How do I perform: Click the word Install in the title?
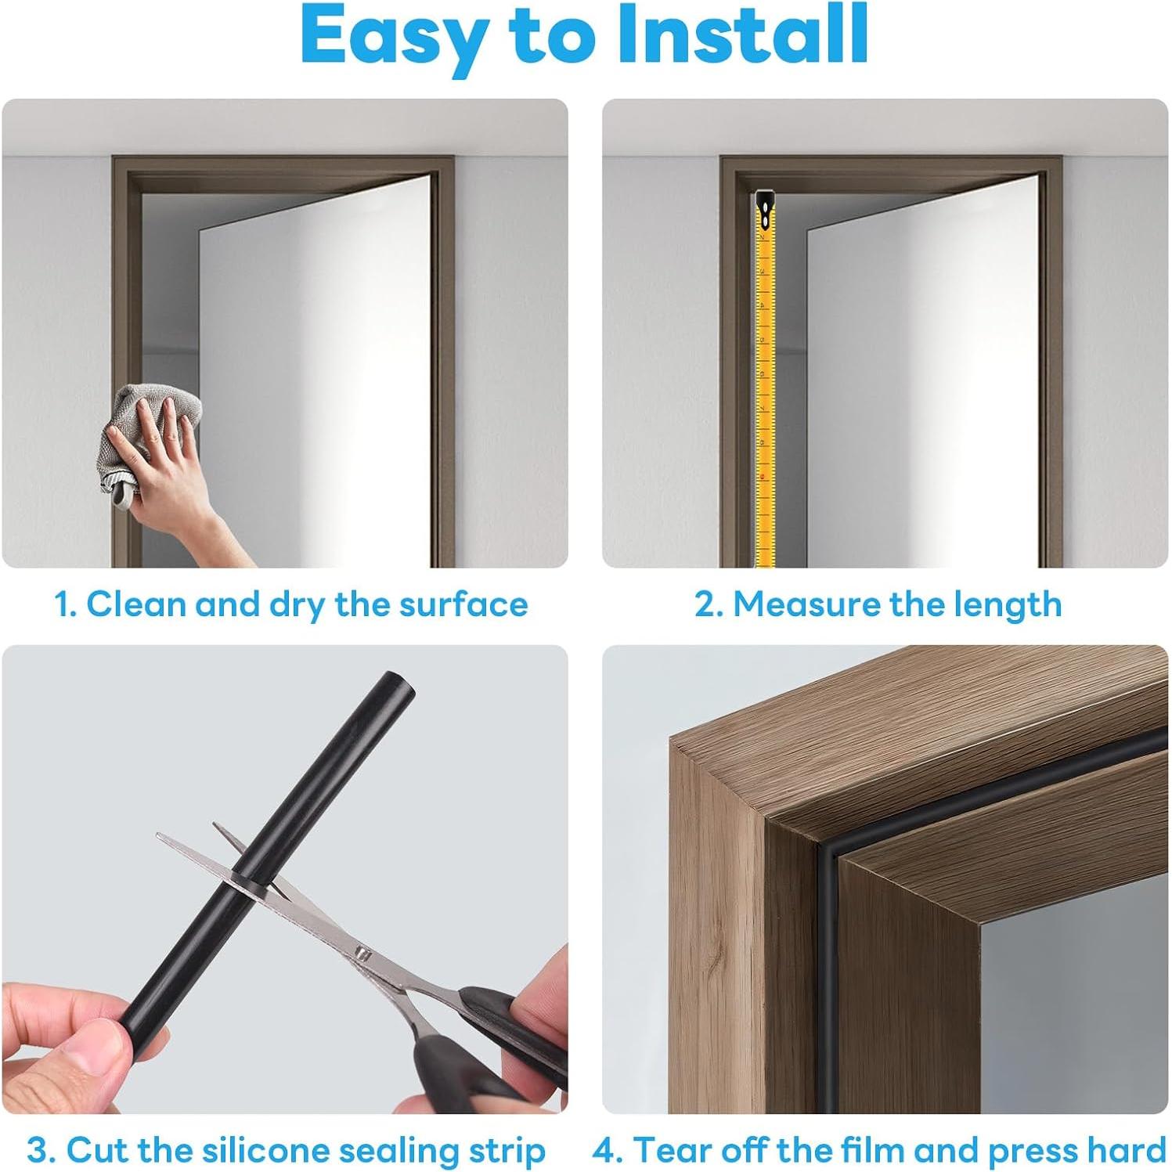743,35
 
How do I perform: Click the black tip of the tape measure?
764,206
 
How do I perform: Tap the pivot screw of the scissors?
361,953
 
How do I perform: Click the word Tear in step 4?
662,1151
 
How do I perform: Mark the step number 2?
705,604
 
